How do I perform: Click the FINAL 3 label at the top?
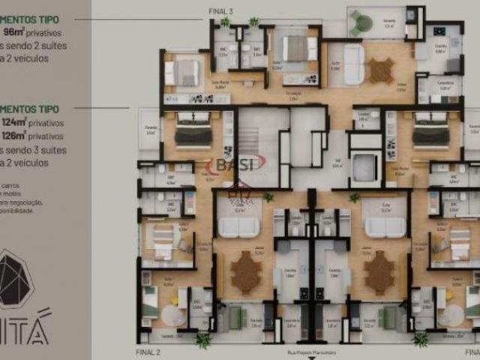tap(221, 11)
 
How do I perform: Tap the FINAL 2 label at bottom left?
tap(148, 351)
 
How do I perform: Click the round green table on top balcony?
tap(363, 24)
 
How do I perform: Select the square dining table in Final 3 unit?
tap(381, 70)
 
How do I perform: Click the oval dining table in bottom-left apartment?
tap(245, 272)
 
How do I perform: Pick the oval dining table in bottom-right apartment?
tap(379, 272)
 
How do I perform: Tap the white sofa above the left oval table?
tap(238, 227)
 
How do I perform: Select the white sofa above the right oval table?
tap(384, 227)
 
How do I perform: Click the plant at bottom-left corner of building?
tap(202, 341)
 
